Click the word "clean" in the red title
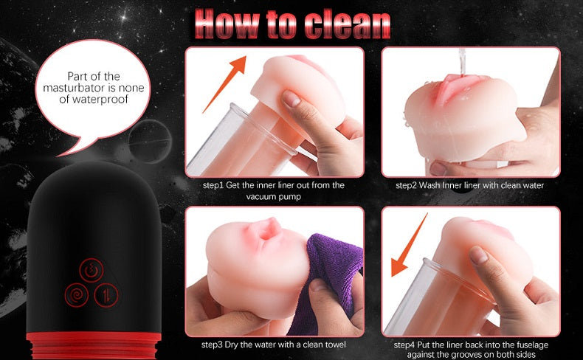348,25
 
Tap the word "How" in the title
227,24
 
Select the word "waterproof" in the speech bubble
94,100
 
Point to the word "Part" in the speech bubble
77,76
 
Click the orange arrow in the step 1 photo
224,84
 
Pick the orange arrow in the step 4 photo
409,245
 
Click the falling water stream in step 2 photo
462,63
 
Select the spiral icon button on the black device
77,295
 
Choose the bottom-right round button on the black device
106,295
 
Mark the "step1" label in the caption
213,185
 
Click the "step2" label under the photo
406,185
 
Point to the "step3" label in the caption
213,345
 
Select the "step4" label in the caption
404,345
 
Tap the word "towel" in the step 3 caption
335,345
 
